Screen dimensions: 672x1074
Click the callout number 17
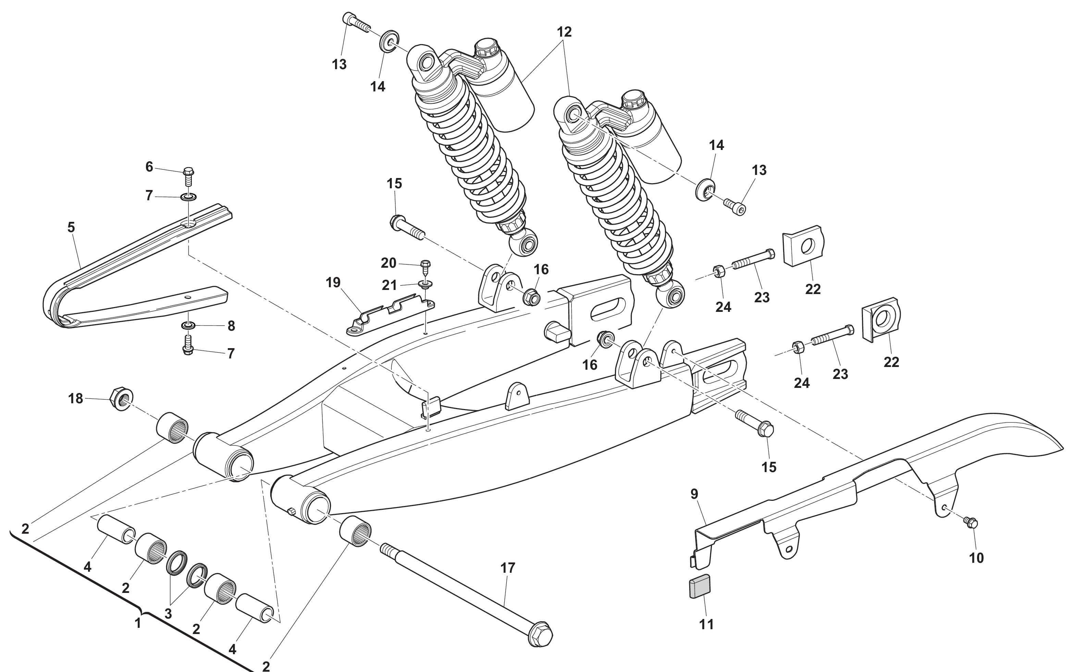point(507,568)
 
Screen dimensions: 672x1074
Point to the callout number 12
point(564,32)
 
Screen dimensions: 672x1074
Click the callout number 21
point(390,285)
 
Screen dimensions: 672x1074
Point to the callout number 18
point(76,399)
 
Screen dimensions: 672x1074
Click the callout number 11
point(706,624)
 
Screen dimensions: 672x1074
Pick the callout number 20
point(388,263)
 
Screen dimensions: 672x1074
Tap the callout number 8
point(231,326)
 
